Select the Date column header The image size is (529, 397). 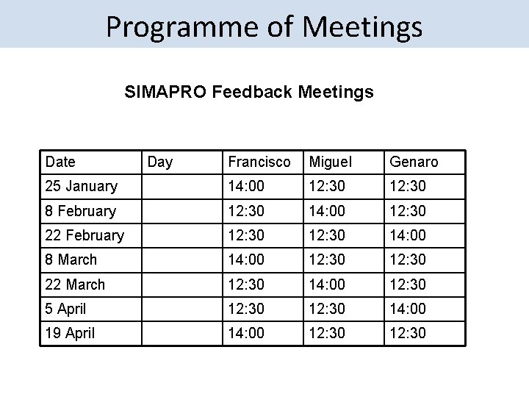coord(60,162)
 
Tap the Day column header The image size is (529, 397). coord(160,162)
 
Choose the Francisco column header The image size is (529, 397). coord(259,162)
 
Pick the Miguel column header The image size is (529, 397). coord(331,162)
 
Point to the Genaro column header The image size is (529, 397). coord(414,162)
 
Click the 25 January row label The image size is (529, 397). coord(81,186)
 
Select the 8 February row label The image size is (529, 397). coord(81,211)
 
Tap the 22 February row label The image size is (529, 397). coord(84,235)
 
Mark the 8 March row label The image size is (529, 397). coord(71,260)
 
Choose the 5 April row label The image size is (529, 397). coord(65,309)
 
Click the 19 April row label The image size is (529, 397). coord(70,333)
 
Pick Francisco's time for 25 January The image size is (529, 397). coord(247,186)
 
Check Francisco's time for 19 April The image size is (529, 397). coord(247,333)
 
